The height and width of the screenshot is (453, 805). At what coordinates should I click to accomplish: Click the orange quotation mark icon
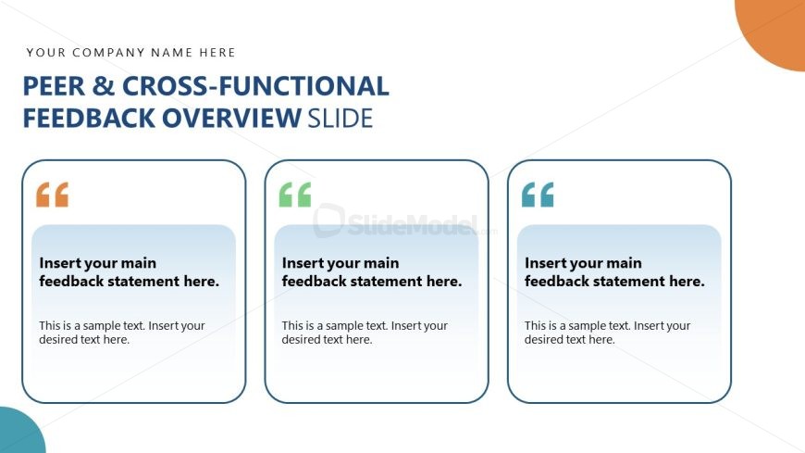[x=53, y=195]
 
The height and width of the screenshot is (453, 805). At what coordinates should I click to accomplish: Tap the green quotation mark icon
[x=295, y=195]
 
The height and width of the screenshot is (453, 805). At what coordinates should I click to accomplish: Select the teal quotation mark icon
[x=538, y=195]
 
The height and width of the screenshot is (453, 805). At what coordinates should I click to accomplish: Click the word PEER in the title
[x=54, y=86]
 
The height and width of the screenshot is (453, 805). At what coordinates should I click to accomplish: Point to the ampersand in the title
[x=104, y=86]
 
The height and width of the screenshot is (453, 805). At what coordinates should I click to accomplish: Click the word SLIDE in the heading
[x=340, y=119]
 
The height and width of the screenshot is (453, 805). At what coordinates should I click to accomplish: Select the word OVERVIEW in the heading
[x=231, y=119]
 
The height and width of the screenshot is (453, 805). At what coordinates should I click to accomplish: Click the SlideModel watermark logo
[x=395, y=222]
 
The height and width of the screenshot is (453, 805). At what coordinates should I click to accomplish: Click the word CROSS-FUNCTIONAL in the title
[x=255, y=86]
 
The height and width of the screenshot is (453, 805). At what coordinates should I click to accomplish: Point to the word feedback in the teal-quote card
[x=556, y=282]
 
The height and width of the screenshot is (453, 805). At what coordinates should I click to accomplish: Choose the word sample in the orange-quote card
[x=102, y=326]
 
